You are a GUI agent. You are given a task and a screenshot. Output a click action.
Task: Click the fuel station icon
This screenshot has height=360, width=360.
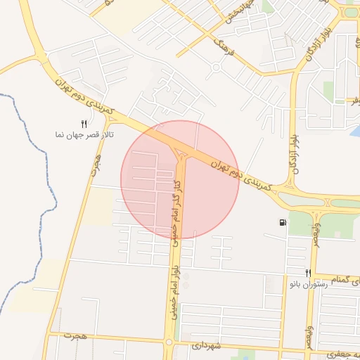283,224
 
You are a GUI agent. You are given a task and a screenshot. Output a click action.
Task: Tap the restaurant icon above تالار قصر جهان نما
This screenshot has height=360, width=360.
84,124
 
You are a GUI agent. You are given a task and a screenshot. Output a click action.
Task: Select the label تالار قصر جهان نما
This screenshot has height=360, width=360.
85,134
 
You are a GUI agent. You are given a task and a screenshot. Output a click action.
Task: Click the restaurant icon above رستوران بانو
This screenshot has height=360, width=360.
307,273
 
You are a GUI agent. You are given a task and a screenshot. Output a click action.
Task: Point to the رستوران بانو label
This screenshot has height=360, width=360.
308,284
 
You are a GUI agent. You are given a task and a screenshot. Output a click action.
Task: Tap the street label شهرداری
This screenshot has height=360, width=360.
206,346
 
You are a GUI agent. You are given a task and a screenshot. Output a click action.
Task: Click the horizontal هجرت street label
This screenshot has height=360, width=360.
73,336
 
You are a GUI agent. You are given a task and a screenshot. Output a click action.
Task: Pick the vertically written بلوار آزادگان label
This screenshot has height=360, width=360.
296,140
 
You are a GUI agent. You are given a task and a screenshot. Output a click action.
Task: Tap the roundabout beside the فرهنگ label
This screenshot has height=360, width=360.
215,68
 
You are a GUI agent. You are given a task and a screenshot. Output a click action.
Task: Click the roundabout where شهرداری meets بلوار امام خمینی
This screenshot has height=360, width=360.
169,343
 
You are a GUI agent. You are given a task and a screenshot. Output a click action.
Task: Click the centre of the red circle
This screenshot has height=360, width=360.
180,180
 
